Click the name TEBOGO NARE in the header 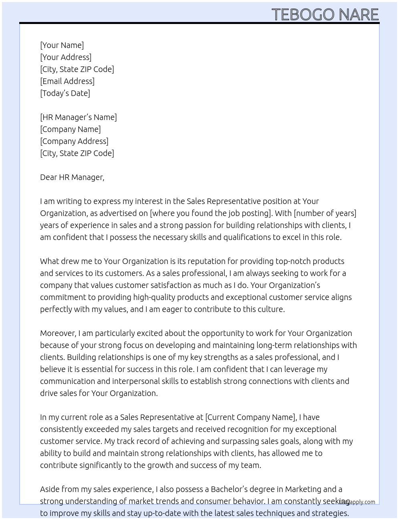pos(325,14)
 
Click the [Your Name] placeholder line pos(62,45)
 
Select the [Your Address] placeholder pos(66,57)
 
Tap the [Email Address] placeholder pos(67,81)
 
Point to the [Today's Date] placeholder pos(65,93)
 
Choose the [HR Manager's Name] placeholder pos(79,117)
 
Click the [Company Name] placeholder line pos(71,129)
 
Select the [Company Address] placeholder pos(74,141)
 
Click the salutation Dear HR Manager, pos(72,177)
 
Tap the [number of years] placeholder pos(325,213)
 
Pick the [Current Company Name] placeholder pos(250,417)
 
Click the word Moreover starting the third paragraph pos(58,333)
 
